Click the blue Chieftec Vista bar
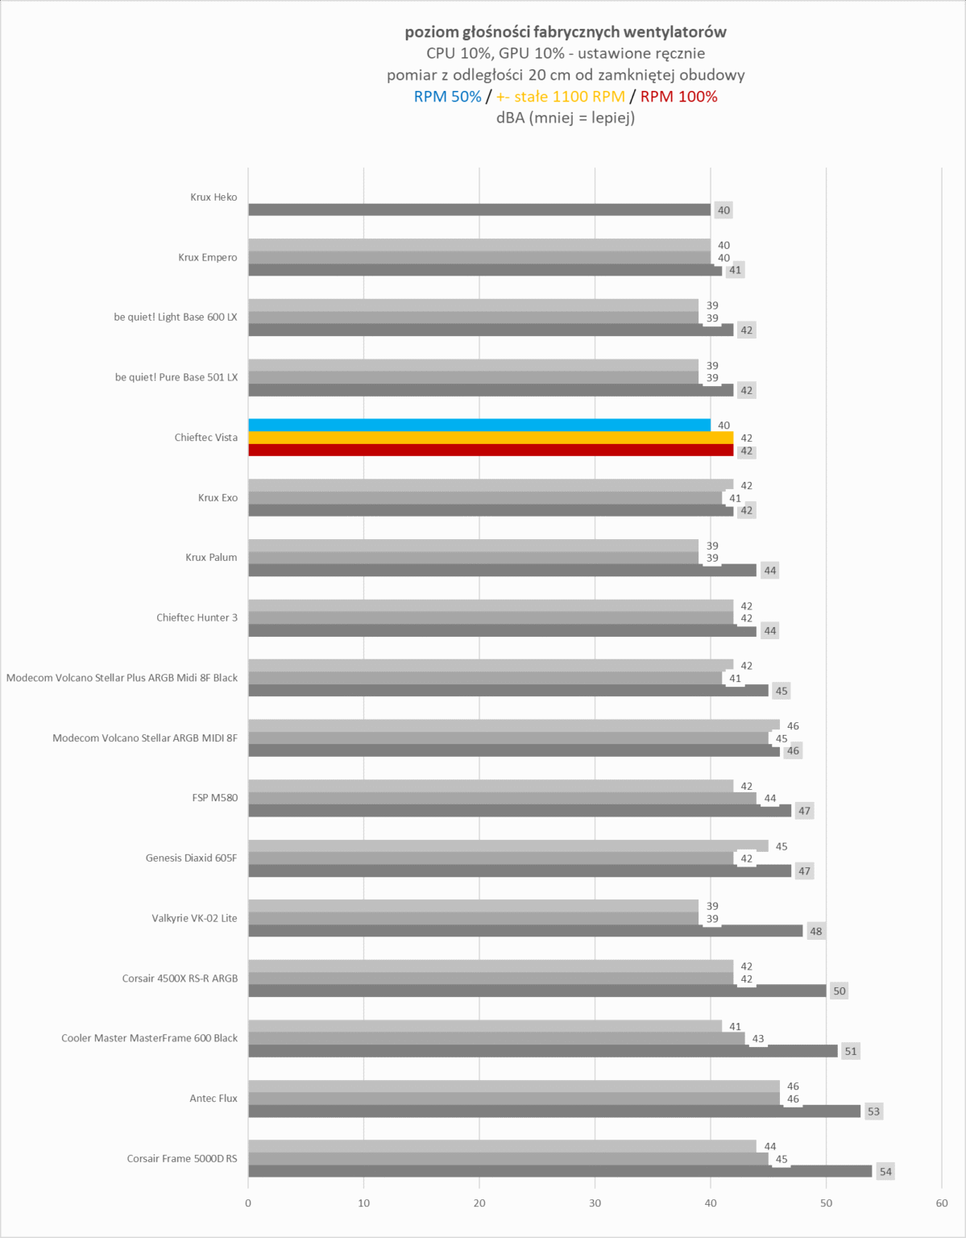479,425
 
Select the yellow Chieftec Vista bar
491,438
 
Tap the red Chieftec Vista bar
491,451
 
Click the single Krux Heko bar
479,210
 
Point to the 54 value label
885,1172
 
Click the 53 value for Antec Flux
874,1111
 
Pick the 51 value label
851,1051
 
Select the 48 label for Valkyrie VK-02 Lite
816,931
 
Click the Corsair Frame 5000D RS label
182,1158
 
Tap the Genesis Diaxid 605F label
192,858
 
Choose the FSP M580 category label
215,798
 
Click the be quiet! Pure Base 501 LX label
176,377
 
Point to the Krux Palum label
211,557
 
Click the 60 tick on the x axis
942,1203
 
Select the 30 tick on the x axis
595,1203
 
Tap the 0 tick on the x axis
248,1203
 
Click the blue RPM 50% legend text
447,97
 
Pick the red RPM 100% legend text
678,97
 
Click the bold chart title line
566,32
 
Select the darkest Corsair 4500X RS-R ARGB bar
537,991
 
